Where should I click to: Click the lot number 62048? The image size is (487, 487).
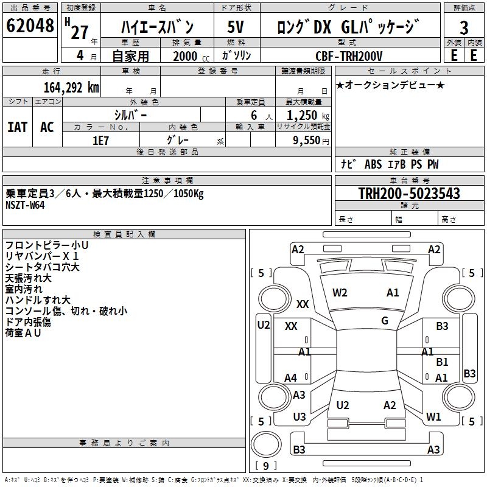click(x=30, y=26)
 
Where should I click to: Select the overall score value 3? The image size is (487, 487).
click(x=464, y=28)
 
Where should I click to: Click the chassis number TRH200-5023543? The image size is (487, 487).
click(x=409, y=194)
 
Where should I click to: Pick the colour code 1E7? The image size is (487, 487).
click(x=100, y=139)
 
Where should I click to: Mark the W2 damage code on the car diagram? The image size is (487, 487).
click(x=340, y=293)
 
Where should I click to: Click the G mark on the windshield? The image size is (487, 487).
click(x=385, y=321)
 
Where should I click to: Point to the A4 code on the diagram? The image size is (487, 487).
click(x=291, y=378)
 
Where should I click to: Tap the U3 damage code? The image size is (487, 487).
click(x=299, y=417)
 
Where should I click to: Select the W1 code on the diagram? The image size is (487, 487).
click(x=433, y=417)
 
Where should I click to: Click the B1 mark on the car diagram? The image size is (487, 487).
click(x=442, y=362)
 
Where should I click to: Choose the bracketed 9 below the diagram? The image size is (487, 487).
click(x=266, y=466)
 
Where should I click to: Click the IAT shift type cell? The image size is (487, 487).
click(x=17, y=127)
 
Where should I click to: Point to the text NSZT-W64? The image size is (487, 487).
click(x=25, y=205)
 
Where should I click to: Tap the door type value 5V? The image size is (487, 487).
click(x=236, y=28)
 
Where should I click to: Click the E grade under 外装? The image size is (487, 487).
click(x=454, y=55)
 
